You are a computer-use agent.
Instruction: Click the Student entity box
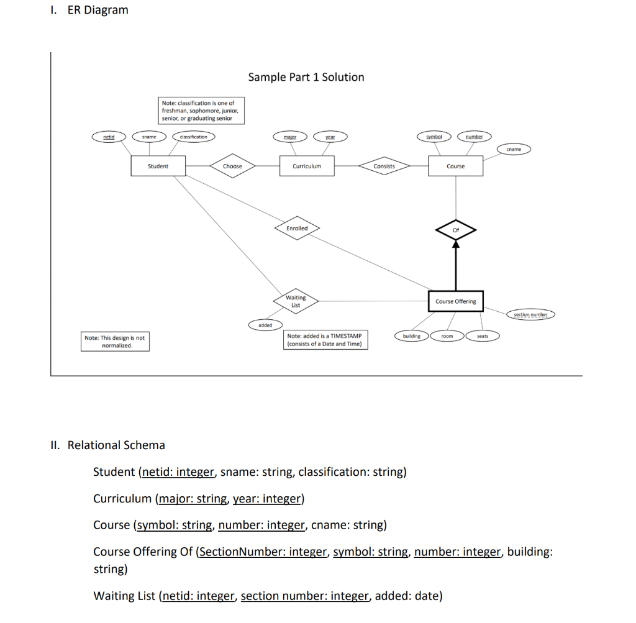pyautogui.click(x=158, y=166)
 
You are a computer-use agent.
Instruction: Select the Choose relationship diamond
pyautogui.click(x=232, y=166)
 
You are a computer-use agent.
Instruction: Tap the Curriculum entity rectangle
pyautogui.click(x=307, y=166)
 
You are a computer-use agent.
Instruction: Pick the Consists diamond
pyautogui.click(x=384, y=166)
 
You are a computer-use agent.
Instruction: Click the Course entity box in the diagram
pyautogui.click(x=455, y=166)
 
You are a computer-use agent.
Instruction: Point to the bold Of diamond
pyautogui.click(x=456, y=230)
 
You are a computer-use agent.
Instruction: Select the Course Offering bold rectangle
pyautogui.click(x=455, y=301)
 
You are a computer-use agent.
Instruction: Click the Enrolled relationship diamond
pyautogui.click(x=297, y=229)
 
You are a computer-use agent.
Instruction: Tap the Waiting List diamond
pyautogui.click(x=296, y=301)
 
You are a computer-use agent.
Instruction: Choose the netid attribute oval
pyautogui.click(x=109, y=137)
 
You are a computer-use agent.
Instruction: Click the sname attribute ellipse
pyautogui.click(x=149, y=137)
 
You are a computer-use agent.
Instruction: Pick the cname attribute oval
pyautogui.click(x=514, y=149)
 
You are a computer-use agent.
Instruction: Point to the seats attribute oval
pyautogui.click(x=483, y=336)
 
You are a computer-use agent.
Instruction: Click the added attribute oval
pyautogui.click(x=265, y=325)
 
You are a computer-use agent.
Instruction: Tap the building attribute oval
pyautogui.click(x=411, y=336)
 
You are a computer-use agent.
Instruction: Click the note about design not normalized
pyautogui.click(x=115, y=342)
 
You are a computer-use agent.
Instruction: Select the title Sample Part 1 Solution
pyautogui.click(x=306, y=77)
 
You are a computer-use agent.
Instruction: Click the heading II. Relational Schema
pyautogui.click(x=107, y=445)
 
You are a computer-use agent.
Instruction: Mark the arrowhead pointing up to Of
pyautogui.click(x=456, y=245)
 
